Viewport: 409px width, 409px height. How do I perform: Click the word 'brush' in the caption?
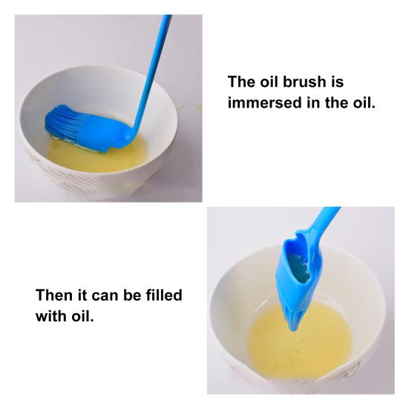[304, 82]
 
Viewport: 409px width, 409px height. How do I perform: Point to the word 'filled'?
[164, 295]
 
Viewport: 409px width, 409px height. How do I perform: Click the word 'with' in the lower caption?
[51, 316]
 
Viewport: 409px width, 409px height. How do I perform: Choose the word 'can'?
[105, 296]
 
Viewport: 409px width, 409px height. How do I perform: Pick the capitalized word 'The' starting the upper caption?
[241, 82]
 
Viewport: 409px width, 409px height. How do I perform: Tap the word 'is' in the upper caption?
[337, 82]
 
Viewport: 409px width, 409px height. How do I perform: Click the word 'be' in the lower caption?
[132, 295]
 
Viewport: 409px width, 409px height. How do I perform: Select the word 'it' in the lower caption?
[82, 295]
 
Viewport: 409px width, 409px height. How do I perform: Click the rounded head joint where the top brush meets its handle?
[128, 135]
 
